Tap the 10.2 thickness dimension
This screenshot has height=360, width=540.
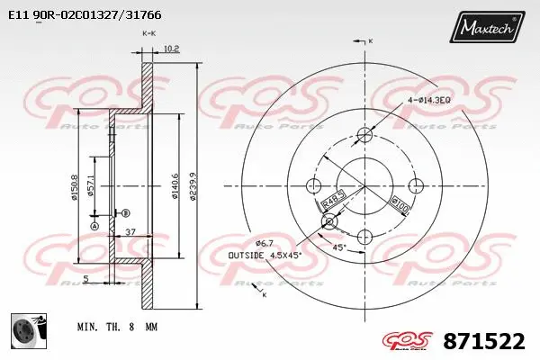(173, 49)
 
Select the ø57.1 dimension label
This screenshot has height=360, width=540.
(92, 187)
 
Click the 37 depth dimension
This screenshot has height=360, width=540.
(130, 231)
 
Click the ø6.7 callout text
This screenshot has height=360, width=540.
(264, 243)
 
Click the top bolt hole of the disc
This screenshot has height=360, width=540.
(364, 136)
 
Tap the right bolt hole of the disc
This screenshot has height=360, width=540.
(415, 186)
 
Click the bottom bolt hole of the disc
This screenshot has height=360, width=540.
(364, 237)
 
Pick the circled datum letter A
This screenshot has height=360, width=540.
(93, 227)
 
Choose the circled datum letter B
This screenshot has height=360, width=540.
(124, 212)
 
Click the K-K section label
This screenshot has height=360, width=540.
(148, 32)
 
